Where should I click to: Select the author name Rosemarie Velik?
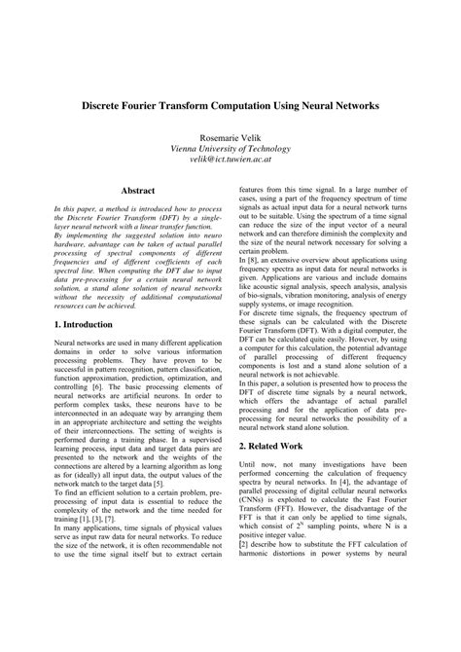230,137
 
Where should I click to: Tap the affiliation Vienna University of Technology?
230,149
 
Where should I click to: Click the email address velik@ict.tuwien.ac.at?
230,161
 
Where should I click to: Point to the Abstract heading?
139,195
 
